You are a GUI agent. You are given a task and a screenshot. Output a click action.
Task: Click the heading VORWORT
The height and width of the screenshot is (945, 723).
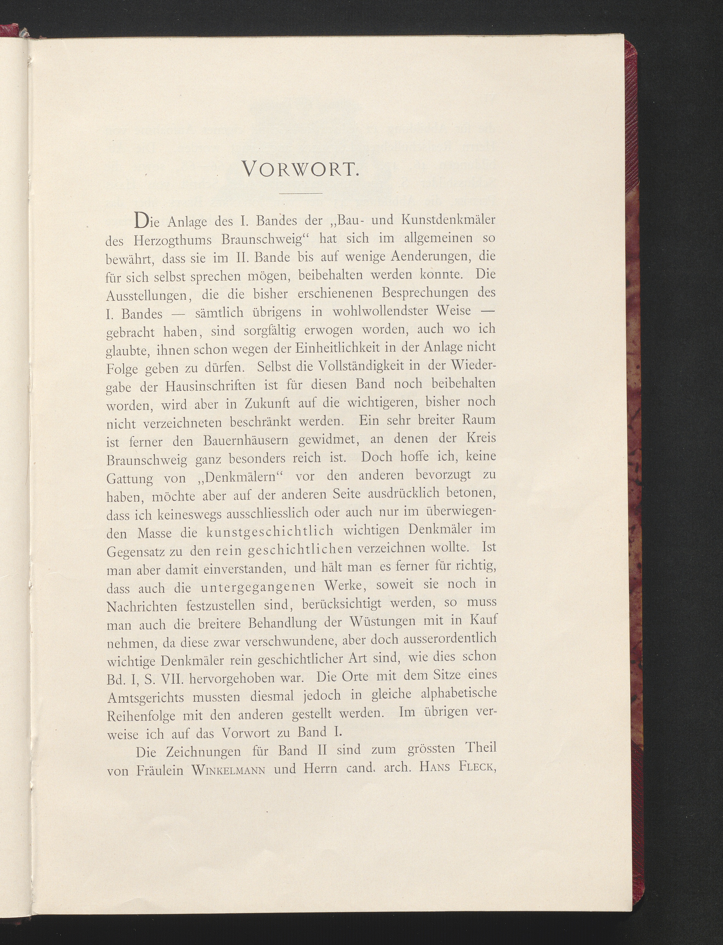(300, 169)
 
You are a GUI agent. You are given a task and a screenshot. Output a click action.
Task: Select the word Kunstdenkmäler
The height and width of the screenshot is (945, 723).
(448, 220)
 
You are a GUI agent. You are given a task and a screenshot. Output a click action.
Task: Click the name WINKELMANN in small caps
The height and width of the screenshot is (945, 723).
(228, 770)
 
